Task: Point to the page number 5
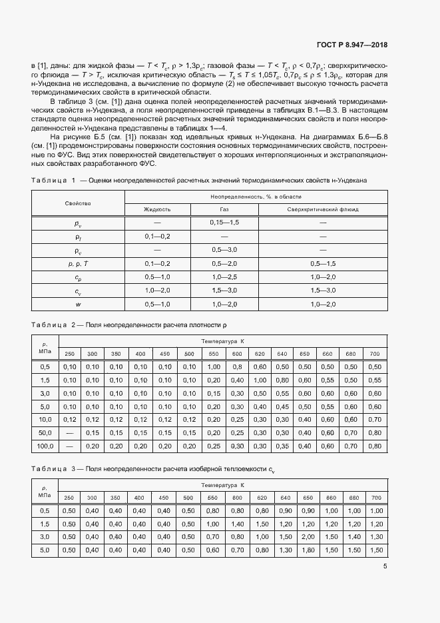click(385, 566)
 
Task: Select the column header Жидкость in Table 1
click(157, 209)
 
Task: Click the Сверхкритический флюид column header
click(322, 209)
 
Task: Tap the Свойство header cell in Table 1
click(78, 203)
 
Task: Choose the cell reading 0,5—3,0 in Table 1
click(224, 250)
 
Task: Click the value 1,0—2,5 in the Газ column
click(224, 277)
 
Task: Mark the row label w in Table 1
click(78, 305)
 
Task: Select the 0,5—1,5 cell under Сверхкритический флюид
click(322, 264)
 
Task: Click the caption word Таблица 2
click(54, 324)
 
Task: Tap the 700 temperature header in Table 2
click(375, 353)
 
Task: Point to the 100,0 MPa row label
click(45, 445)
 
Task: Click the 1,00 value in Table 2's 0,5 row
click(214, 367)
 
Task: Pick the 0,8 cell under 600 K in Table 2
click(237, 367)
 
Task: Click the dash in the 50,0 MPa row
click(69, 432)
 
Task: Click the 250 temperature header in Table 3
click(69, 498)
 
